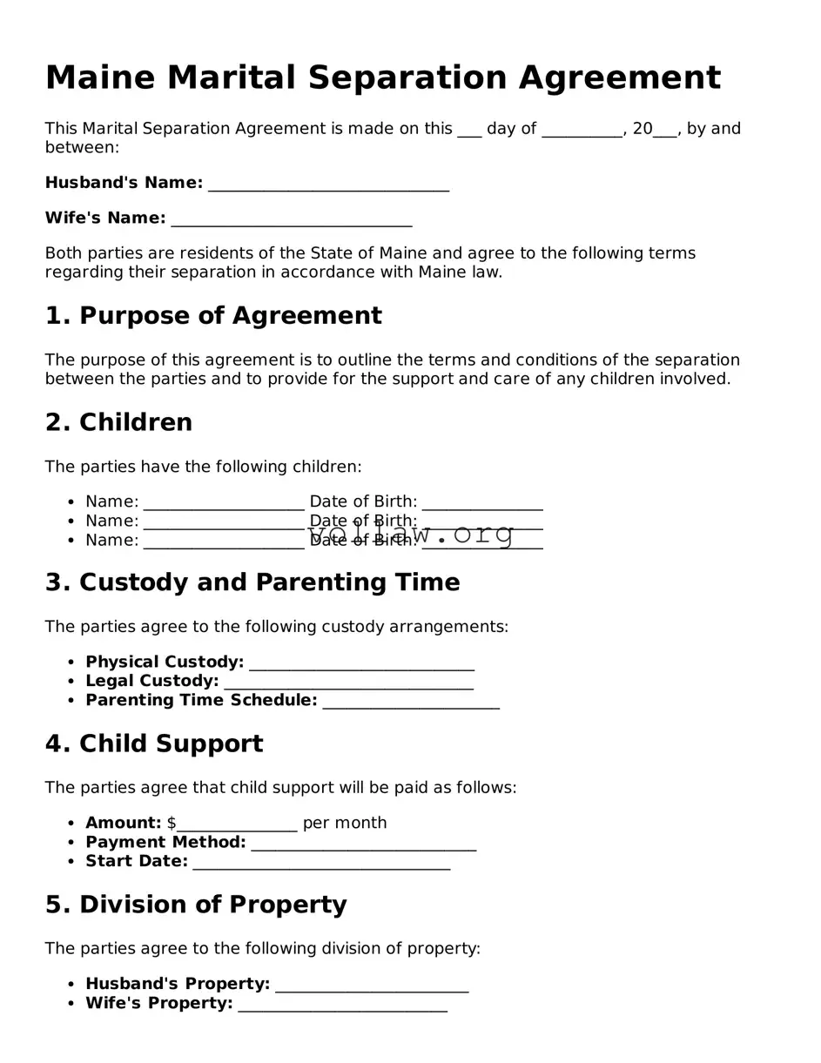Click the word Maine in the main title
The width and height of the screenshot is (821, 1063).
point(100,78)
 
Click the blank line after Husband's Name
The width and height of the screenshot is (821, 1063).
point(328,185)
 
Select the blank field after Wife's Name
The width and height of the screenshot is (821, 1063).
point(291,219)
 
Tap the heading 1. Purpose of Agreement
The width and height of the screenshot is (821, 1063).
point(213,316)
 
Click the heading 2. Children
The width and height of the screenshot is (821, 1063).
point(118,423)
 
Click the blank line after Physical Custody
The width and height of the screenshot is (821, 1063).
point(361,664)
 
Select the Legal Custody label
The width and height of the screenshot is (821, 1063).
point(151,681)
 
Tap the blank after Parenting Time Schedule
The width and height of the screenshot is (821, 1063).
point(410,703)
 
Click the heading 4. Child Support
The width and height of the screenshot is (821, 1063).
point(153,744)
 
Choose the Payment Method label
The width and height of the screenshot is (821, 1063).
point(165,843)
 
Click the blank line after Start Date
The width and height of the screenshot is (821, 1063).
point(321,864)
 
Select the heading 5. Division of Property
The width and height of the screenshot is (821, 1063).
point(196,905)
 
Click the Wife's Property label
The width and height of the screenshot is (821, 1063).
point(158,1004)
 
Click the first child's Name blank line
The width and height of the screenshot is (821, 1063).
point(224,504)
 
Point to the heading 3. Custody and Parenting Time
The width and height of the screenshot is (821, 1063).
point(252,583)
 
